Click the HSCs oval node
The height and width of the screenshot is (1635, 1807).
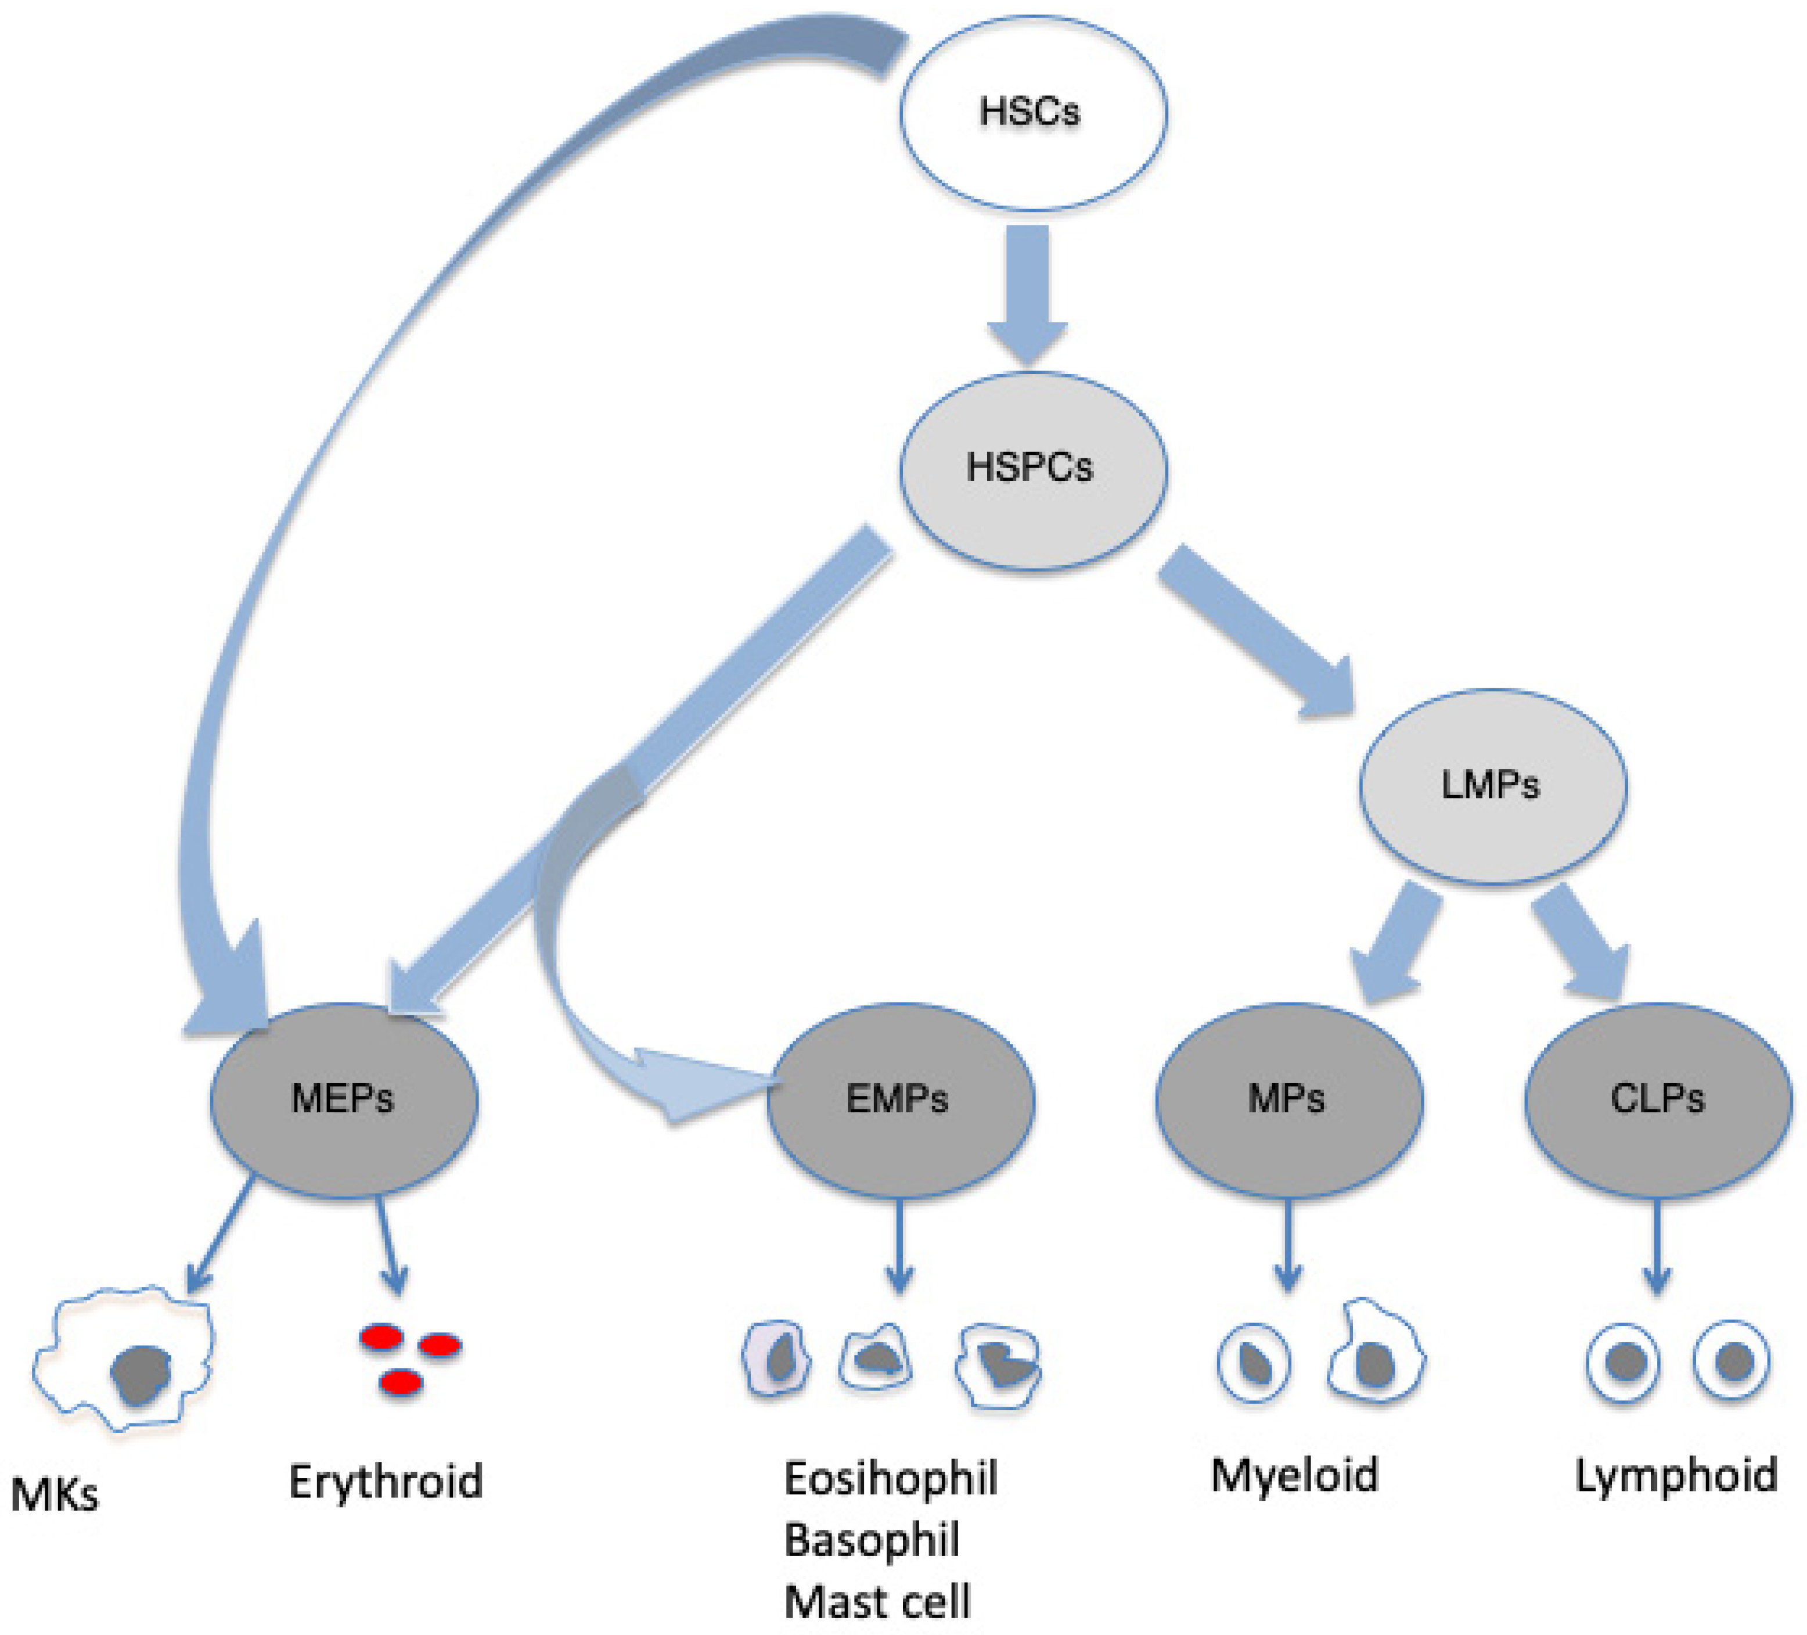pyautogui.click(x=1032, y=113)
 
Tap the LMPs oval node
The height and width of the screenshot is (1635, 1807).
pyautogui.click(x=1492, y=786)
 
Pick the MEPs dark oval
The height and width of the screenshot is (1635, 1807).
pyautogui.click(x=343, y=1099)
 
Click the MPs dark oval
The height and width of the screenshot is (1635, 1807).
pyautogui.click(x=1288, y=1099)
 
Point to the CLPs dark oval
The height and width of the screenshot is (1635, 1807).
pyautogui.click(x=1658, y=1099)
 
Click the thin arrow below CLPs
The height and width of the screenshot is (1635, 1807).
pyautogui.click(x=1657, y=1246)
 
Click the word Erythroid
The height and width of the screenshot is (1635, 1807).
pyautogui.click(x=386, y=1481)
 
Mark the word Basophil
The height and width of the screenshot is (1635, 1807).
pyautogui.click(x=871, y=1540)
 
